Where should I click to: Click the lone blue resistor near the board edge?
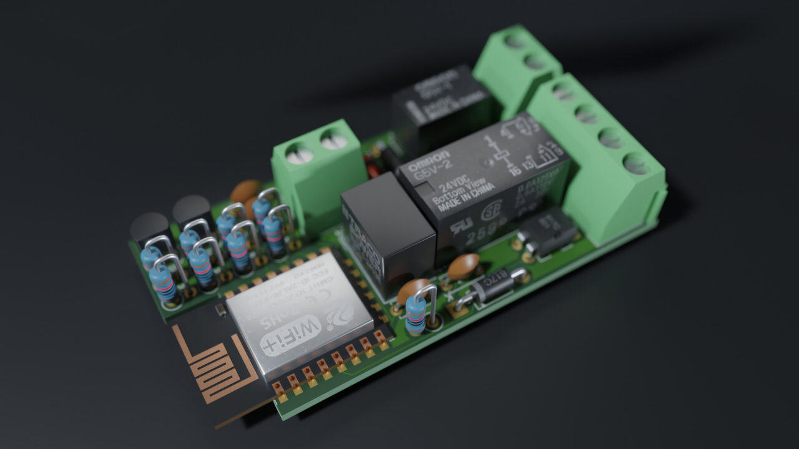click(416, 315)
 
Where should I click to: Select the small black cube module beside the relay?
click(387, 228)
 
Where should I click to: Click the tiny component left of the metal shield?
click(220, 309)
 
